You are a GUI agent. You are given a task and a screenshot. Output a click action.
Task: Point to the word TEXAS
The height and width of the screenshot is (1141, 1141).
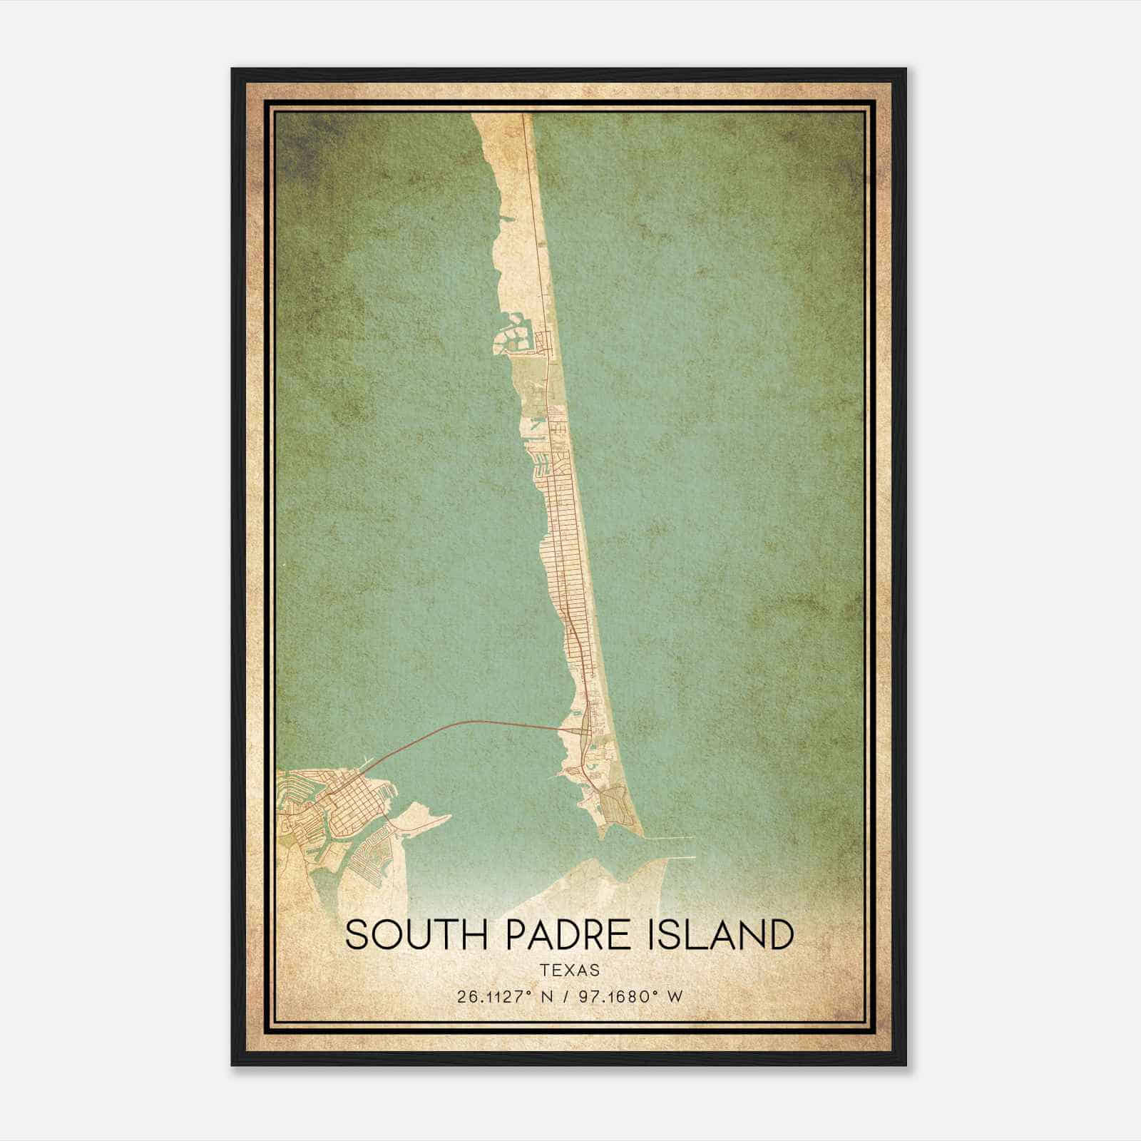click(x=570, y=970)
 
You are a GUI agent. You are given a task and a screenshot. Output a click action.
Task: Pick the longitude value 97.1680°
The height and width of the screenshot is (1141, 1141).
click(x=617, y=996)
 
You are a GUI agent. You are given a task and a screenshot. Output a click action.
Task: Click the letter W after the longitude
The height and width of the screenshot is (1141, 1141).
click(x=675, y=996)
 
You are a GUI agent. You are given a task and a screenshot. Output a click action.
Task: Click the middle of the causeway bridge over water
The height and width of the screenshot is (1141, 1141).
click(x=464, y=725)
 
